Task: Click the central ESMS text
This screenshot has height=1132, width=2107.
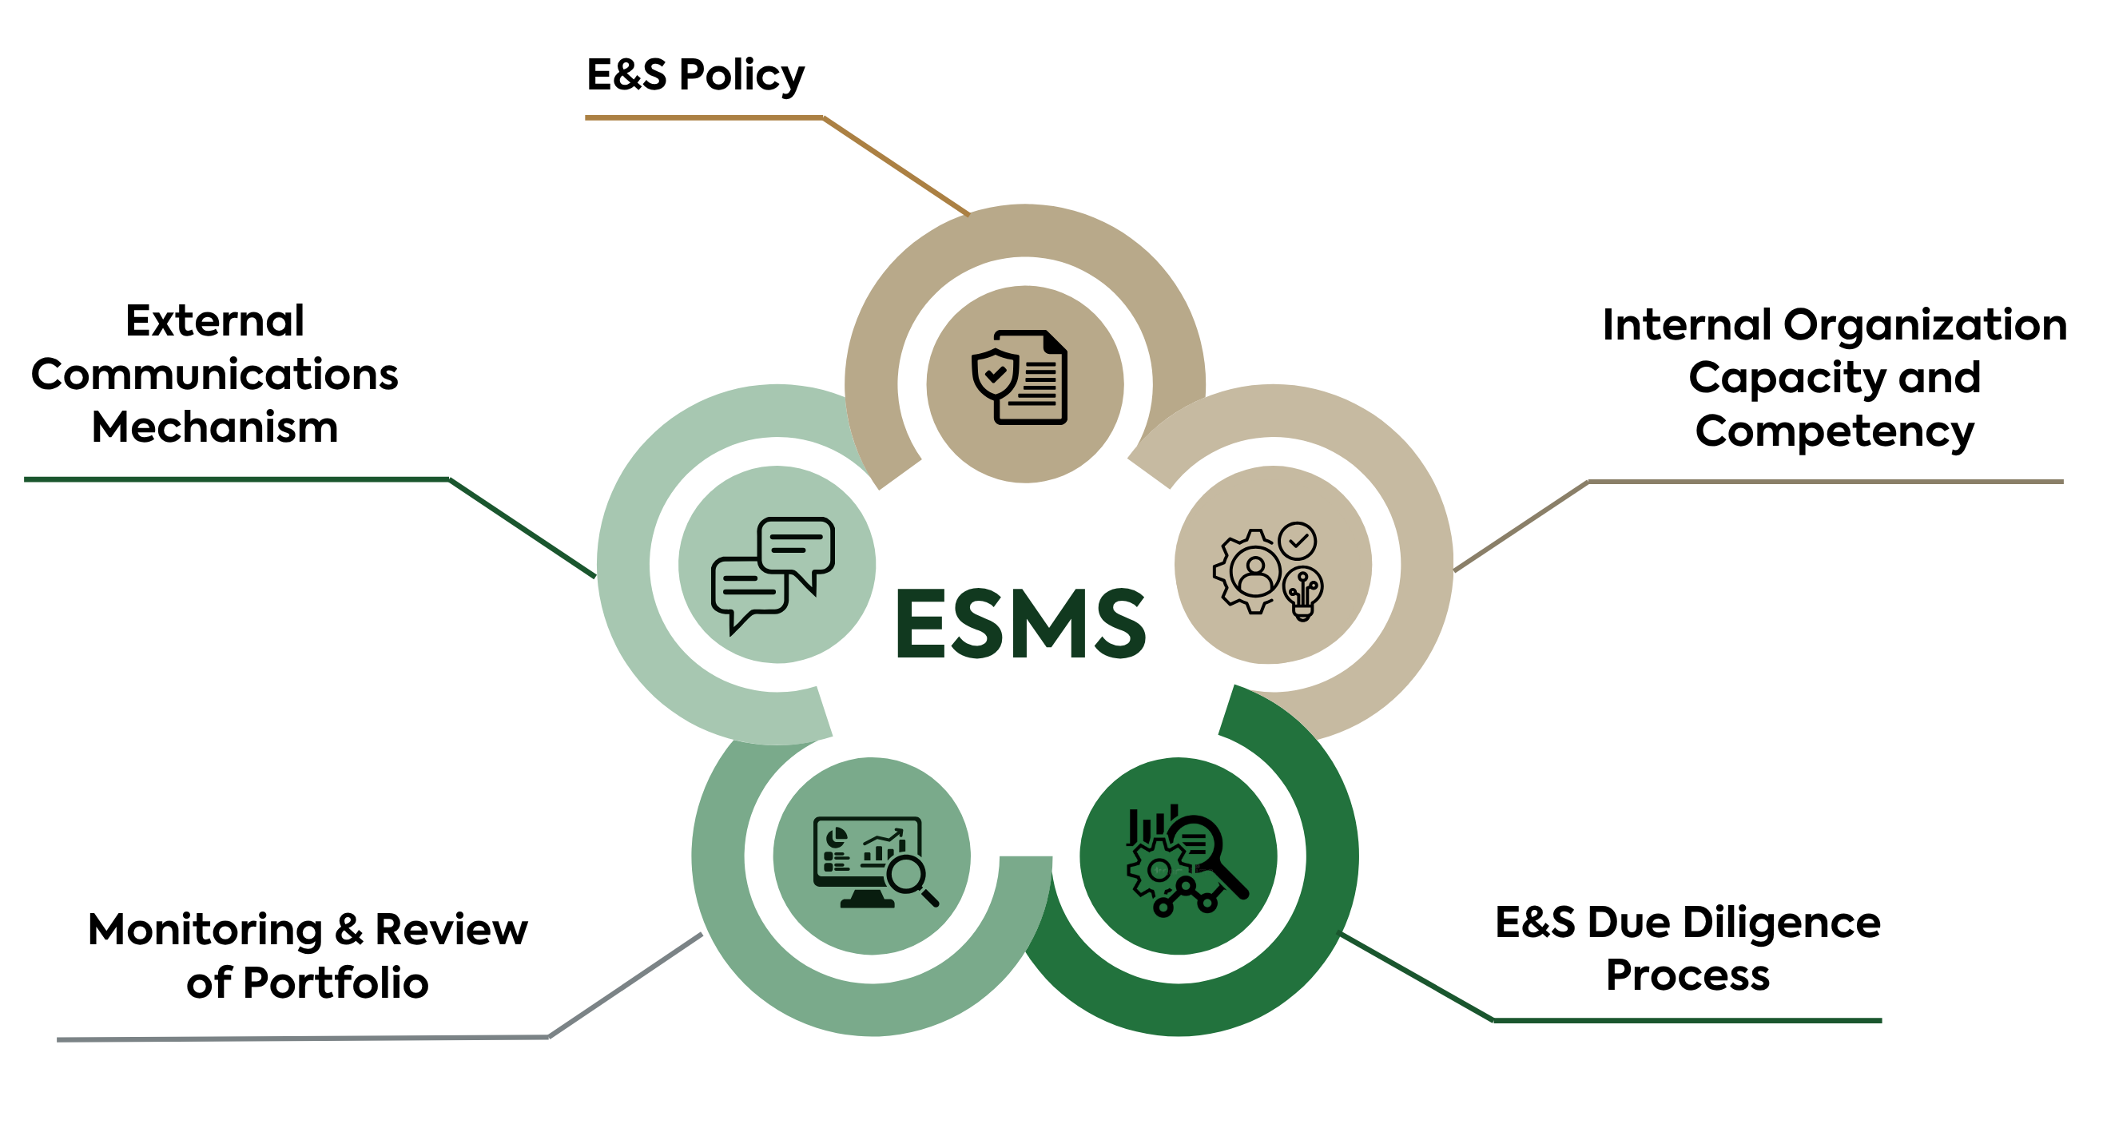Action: point(1021,623)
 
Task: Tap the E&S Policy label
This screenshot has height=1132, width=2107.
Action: point(695,75)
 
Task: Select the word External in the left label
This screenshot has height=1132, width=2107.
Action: point(214,320)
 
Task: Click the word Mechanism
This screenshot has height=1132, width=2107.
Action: point(214,427)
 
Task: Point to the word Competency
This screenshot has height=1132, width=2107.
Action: point(1835,431)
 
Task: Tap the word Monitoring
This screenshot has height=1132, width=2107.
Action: point(205,929)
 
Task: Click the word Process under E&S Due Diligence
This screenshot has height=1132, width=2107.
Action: point(1688,975)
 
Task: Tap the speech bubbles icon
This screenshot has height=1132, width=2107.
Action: point(773,573)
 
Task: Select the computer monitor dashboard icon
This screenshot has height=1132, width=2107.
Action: point(873,861)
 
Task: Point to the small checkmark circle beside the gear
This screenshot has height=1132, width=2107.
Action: point(1298,541)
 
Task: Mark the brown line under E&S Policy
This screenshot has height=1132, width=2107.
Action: point(703,117)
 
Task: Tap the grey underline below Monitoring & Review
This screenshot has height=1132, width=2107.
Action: point(303,1039)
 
